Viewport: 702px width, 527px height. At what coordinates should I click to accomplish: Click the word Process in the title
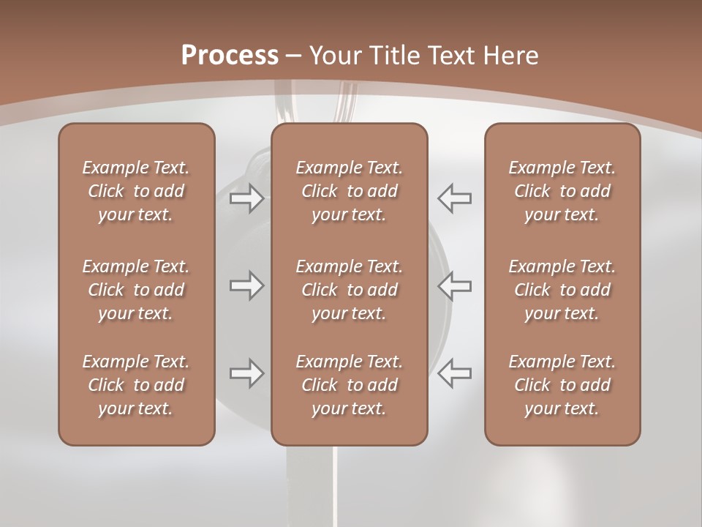click(x=230, y=56)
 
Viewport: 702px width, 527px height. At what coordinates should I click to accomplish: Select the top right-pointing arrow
click(x=246, y=198)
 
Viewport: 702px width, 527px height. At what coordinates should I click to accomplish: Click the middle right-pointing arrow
click(x=246, y=285)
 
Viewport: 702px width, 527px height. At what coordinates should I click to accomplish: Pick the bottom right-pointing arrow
click(x=246, y=373)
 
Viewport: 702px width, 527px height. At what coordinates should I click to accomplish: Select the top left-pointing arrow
click(x=455, y=198)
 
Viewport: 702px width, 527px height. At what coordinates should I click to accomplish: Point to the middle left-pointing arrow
click(x=455, y=285)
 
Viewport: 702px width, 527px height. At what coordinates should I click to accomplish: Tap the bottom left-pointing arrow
click(x=455, y=373)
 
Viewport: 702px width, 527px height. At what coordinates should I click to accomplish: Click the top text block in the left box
click(x=136, y=191)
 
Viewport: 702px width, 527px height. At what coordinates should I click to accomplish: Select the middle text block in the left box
click(x=136, y=290)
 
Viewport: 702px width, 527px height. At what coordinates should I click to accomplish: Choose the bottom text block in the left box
click(x=136, y=385)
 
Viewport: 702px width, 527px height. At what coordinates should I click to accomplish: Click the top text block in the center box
click(x=349, y=191)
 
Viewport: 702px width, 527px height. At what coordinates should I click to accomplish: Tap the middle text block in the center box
click(x=349, y=290)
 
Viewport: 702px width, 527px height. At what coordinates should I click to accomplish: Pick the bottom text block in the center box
click(x=349, y=385)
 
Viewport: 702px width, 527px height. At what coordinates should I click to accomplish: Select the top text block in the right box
click(x=562, y=191)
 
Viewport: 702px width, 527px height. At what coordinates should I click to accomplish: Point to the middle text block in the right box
click(x=562, y=290)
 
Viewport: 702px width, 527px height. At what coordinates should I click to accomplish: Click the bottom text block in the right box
click(x=562, y=385)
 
